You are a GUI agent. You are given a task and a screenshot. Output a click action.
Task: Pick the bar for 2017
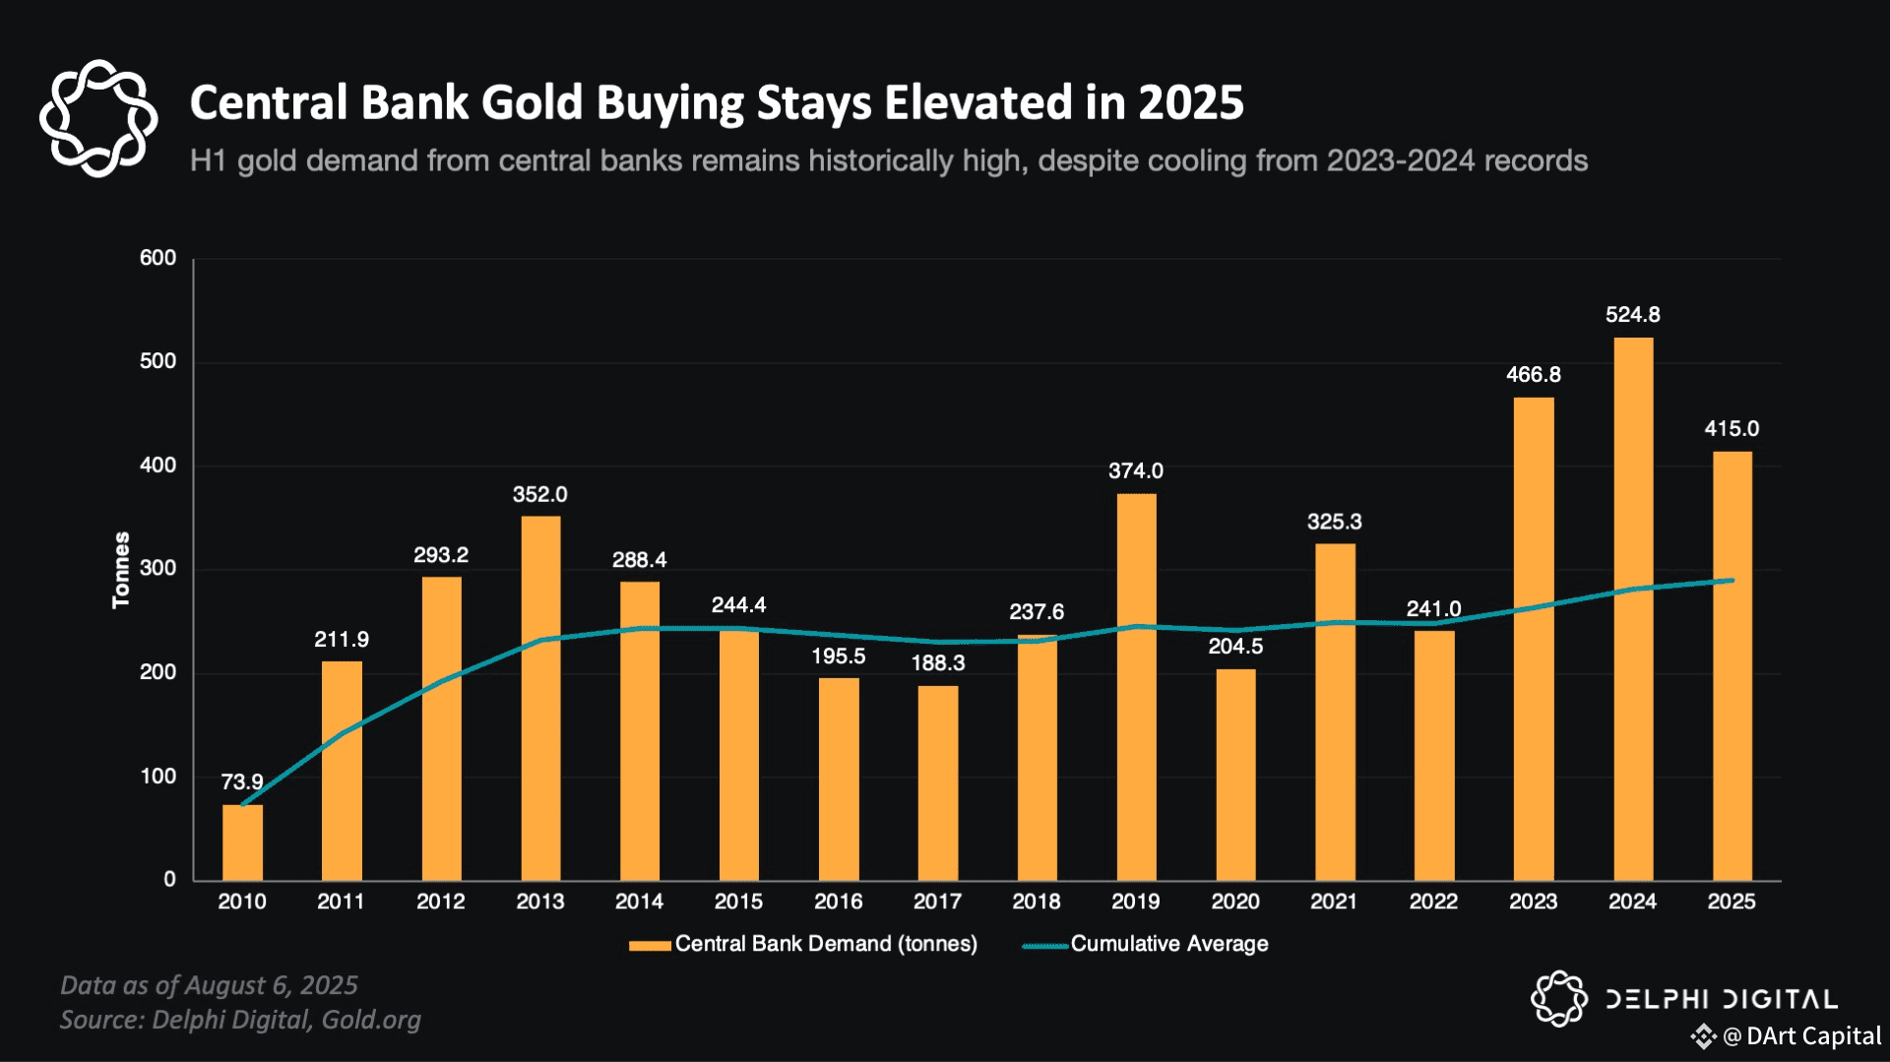pos(937,782)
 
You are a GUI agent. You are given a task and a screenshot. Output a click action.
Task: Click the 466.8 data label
pos(1533,375)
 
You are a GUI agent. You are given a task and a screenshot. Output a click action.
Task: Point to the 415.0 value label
pos(1732,429)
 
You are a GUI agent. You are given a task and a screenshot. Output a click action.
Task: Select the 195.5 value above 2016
pos(838,656)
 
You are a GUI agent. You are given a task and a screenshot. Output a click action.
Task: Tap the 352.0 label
pos(539,495)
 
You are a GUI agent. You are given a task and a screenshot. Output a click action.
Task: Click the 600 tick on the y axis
pos(157,259)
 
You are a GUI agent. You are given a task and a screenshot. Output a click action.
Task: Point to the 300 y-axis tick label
pos(157,569)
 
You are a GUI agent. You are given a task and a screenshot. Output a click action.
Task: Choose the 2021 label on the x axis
pos(1334,902)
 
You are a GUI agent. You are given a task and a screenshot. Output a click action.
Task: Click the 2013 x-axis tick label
pos(539,902)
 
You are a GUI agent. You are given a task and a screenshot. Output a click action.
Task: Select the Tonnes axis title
pos(121,570)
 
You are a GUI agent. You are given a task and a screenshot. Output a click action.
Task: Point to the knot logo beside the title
pos(98,118)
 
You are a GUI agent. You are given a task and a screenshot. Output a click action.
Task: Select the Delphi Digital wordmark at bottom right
pos(1721,1000)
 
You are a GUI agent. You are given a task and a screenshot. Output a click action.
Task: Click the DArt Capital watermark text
pos(1812,1036)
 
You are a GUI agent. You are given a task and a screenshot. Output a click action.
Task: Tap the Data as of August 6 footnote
pos(209,985)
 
